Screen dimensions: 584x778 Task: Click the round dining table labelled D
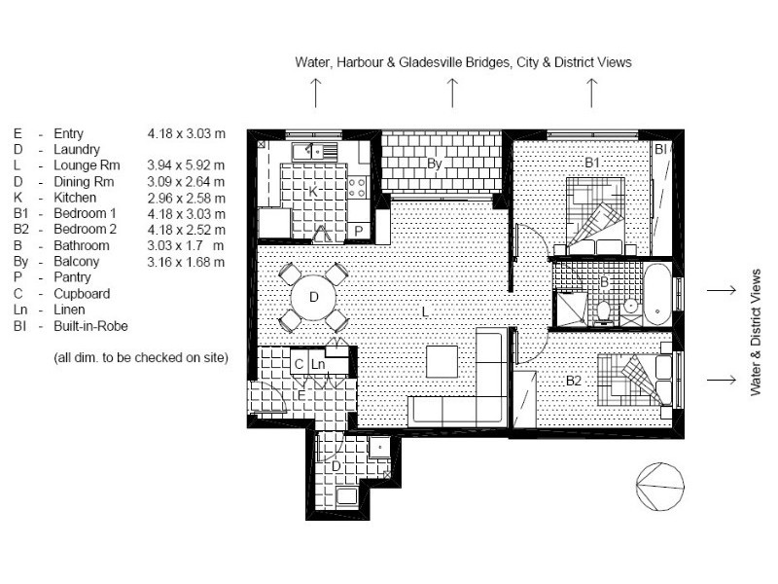(x=313, y=296)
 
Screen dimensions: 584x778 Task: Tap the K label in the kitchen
(x=313, y=192)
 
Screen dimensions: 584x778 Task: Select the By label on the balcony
(x=435, y=164)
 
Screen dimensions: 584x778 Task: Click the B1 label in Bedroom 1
(x=592, y=164)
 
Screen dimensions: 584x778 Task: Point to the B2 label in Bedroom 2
(x=574, y=381)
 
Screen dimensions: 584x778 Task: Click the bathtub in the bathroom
(x=657, y=293)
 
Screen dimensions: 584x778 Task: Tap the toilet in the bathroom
(x=604, y=310)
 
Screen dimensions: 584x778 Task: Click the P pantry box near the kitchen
(x=358, y=231)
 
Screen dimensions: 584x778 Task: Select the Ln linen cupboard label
(x=318, y=364)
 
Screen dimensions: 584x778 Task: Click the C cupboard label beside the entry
(x=300, y=364)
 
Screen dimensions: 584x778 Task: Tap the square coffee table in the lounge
(x=442, y=361)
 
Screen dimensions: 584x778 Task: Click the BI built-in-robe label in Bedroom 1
(x=659, y=149)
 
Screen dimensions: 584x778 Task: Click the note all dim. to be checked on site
(x=141, y=358)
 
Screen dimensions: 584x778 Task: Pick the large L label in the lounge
(x=425, y=311)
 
